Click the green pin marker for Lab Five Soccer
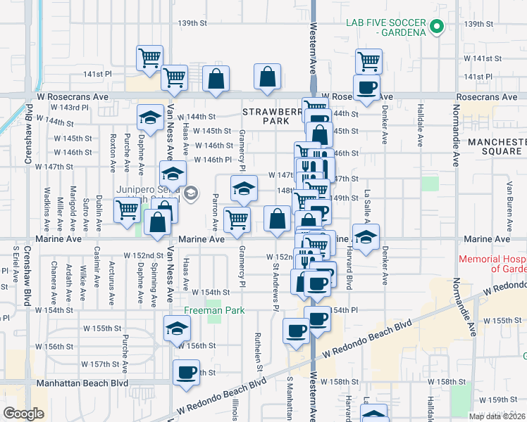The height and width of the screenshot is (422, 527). tap(437, 27)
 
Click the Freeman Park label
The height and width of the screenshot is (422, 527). tap(213, 309)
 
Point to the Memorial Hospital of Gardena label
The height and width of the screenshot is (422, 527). tap(492, 264)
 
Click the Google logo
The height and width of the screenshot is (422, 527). tap(23, 413)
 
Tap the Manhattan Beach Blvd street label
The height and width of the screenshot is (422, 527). tap(65, 383)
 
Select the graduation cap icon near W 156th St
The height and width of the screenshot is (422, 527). tap(177, 328)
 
